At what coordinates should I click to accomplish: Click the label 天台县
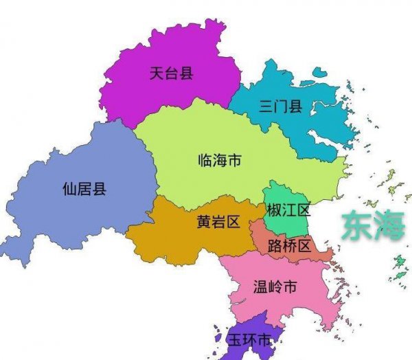pos(171,73)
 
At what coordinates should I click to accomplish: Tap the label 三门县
pos(281,106)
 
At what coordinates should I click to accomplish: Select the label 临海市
pos(219,161)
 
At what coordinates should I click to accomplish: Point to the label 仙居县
pos(84,189)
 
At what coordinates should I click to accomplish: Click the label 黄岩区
pos(218,221)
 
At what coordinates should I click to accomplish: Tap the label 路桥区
pos(290,245)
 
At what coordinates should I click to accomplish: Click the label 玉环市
pos(249,341)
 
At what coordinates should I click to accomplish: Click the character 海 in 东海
pos(391,227)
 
